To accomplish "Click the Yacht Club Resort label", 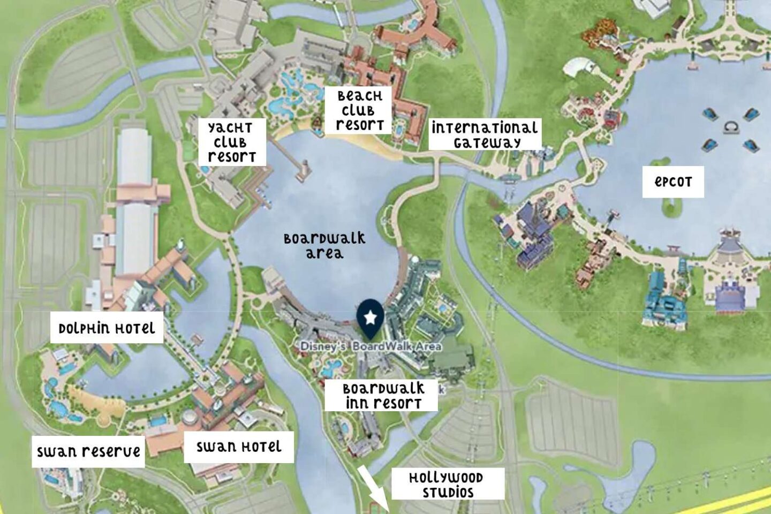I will pos(231,142).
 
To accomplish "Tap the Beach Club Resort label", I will pos(359,110).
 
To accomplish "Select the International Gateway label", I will pos(485,134).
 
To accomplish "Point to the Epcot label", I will pos(673,182).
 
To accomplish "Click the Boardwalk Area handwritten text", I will pos(324,245).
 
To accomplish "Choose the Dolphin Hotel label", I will pos(107,328).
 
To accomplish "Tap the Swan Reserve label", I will pos(88,451).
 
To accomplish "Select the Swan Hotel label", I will pos(239,447).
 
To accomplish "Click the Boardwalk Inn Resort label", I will pos(382,396).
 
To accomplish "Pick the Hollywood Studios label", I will pos(448,485).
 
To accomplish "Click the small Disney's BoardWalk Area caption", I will pos(371,346).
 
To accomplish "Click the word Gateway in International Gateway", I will pos(487,142).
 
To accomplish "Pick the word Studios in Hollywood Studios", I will pos(448,493).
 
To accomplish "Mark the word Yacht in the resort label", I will pos(230,127).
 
